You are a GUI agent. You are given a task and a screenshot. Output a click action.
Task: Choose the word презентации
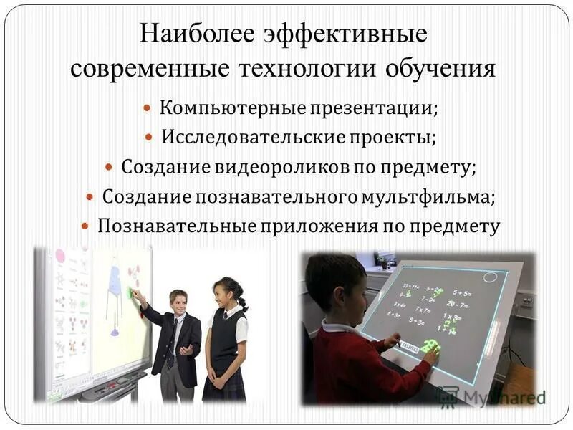(372, 109)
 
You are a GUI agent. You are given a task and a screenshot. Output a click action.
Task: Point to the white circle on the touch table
(491, 277)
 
